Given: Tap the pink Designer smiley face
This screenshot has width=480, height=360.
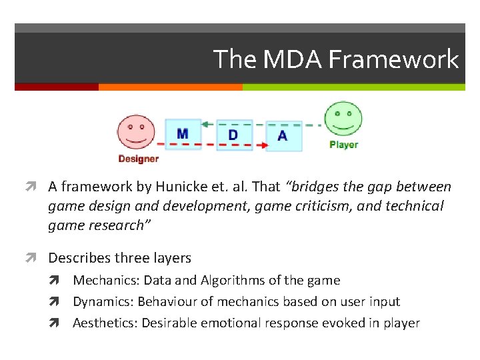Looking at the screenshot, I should (x=136, y=132).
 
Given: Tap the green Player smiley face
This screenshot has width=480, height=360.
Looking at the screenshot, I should (x=343, y=119).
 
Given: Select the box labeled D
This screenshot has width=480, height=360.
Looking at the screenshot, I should (x=233, y=135).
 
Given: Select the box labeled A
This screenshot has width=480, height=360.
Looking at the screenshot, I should (x=283, y=136).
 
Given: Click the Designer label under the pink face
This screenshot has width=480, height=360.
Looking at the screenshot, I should (x=138, y=159).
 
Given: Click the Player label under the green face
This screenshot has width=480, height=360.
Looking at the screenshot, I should (x=343, y=145).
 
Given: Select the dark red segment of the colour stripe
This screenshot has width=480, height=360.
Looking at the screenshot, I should (x=56, y=87).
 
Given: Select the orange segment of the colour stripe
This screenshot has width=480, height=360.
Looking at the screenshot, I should (x=170, y=87).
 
